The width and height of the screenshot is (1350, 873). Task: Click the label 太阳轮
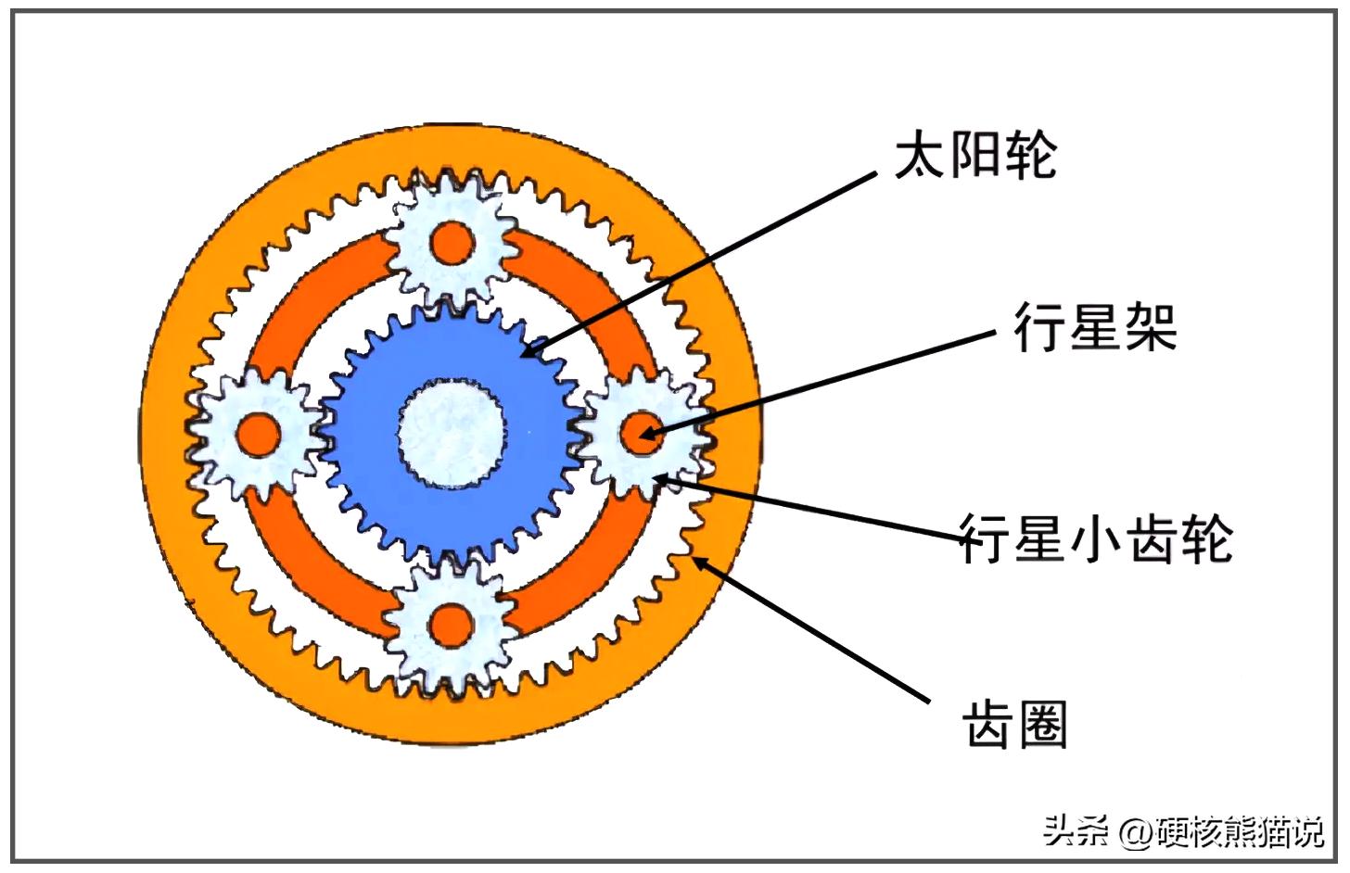click(x=974, y=154)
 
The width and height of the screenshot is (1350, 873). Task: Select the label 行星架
click(x=1095, y=326)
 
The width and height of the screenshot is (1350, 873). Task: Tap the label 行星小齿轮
click(x=1096, y=538)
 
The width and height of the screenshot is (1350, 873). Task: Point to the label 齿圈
click(x=1015, y=723)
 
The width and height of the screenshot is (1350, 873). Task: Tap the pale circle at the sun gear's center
click(x=452, y=434)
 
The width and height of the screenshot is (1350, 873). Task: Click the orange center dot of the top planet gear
click(x=452, y=244)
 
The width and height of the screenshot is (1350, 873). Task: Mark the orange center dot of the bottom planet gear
click(x=452, y=624)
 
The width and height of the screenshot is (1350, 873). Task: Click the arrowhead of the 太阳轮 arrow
click(x=529, y=351)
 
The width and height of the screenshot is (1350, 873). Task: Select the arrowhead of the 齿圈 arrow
click(x=701, y=562)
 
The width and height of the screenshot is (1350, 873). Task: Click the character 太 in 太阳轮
click(x=920, y=154)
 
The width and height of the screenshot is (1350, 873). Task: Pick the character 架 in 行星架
click(x=1151, y=326)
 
